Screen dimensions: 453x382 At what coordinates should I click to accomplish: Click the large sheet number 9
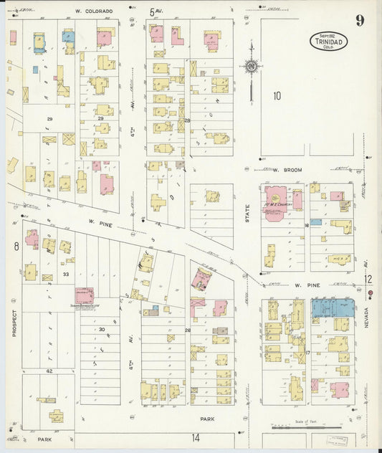click(359, 20)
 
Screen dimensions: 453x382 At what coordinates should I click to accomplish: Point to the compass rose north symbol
click(251, 67)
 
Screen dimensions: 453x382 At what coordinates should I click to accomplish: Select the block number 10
click(277, 95)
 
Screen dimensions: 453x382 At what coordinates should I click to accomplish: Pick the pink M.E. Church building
click(275, 200)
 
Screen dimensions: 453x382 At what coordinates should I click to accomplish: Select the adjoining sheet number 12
click(368, 280)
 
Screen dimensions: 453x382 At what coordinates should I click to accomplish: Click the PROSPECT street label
click(14, 323)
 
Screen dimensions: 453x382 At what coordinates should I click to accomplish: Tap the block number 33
click(65, 274)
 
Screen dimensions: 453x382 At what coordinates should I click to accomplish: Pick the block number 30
click(102, 329)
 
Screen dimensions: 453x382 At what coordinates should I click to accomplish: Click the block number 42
click(49, 371)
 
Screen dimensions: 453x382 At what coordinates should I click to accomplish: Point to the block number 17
click(307, 353)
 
